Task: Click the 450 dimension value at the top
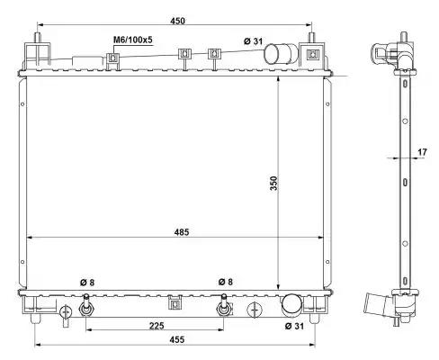(177, 21)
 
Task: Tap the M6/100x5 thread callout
(133, 40)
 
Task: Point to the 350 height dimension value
(273, 183)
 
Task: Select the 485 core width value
(182, 232)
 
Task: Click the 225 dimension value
(157, 325)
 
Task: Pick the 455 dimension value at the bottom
(177, 339)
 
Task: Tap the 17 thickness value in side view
(422, 152)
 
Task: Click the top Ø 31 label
(253, 41)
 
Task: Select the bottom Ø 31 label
(294, 326)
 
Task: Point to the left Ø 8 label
(87, 283)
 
